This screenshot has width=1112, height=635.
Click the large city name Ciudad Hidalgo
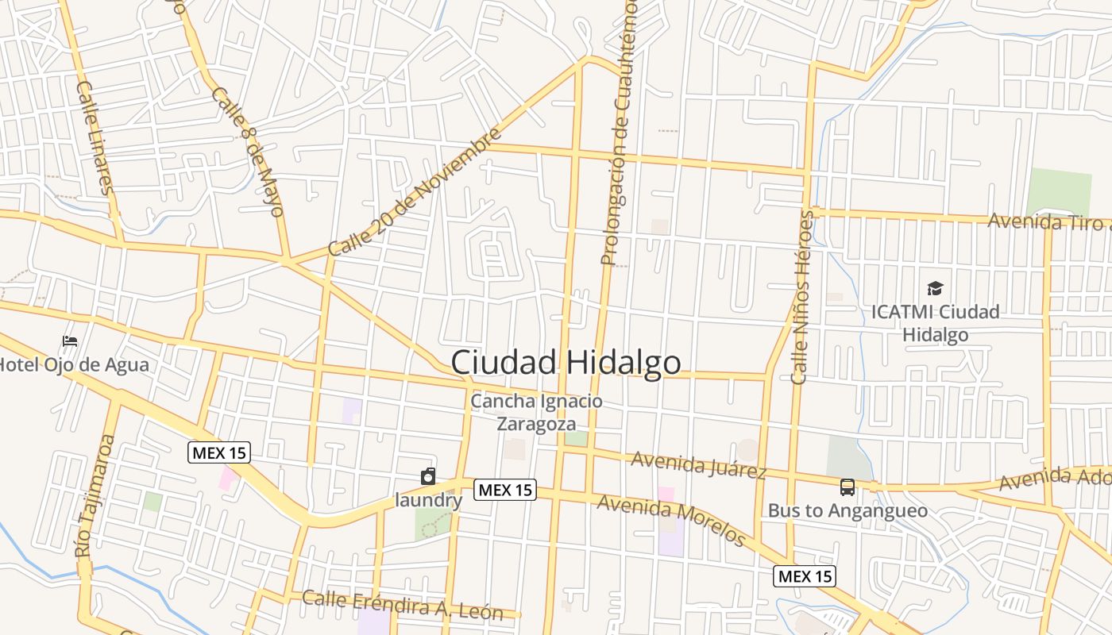566,363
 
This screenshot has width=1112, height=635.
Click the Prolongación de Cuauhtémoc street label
619,131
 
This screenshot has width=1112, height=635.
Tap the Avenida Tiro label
1047,221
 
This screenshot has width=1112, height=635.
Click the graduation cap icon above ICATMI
935,288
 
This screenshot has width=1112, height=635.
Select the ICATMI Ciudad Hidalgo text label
935,323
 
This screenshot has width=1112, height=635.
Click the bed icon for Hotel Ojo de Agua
70,342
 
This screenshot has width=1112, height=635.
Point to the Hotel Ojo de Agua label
73,365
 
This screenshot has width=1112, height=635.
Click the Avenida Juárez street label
699,465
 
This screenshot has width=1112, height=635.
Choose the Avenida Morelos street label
671,521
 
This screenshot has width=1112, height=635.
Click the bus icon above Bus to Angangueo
848,487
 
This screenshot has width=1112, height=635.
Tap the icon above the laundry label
428,476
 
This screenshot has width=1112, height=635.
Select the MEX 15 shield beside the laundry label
505,491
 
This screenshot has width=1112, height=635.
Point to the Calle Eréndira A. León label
403,605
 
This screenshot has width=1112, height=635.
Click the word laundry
429,501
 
